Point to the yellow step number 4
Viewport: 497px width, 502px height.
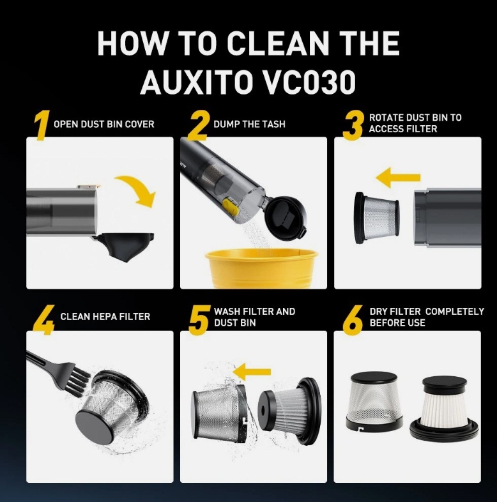point(42,319)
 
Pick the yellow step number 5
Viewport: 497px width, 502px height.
point(199,319)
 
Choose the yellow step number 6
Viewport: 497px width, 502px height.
point(353,319)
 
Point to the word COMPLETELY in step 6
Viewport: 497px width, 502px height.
point(454,311)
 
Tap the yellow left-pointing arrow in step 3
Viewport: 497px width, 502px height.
point(398,178)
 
